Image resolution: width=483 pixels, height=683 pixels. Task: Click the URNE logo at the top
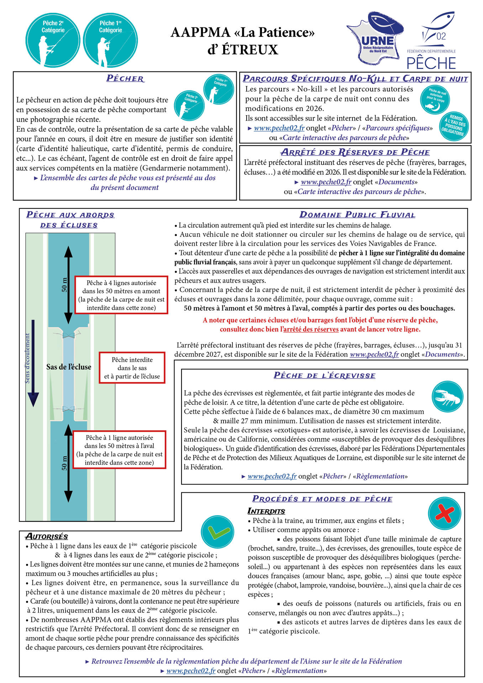click(x=375, y=38)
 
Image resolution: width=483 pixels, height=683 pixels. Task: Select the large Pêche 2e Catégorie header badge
click(x=53, y=40)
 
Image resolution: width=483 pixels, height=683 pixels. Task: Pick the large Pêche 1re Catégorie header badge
click(x=110, y=40)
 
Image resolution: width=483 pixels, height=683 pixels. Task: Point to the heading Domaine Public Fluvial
click(x=357, y=215)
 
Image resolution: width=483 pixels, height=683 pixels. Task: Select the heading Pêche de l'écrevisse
click(x=324, y=376)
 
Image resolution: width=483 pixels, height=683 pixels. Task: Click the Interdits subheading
click(x=266, y=511)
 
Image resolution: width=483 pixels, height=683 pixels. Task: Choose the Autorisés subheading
click(x=47, y=536)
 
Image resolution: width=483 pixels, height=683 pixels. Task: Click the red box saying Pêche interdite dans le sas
click(x=132, y=368)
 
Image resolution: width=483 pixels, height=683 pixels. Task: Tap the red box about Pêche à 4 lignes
click(x=121, y=295)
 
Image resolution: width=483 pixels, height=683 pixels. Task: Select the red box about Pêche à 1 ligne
click(x=119, y=450)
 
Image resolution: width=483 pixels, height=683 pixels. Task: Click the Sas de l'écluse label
click(x=69, y=367)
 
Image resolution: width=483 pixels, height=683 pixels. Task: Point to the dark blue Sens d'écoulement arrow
click(x=33, y=363)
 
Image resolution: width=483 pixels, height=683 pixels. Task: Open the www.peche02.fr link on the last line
click(x=191, y=671)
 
